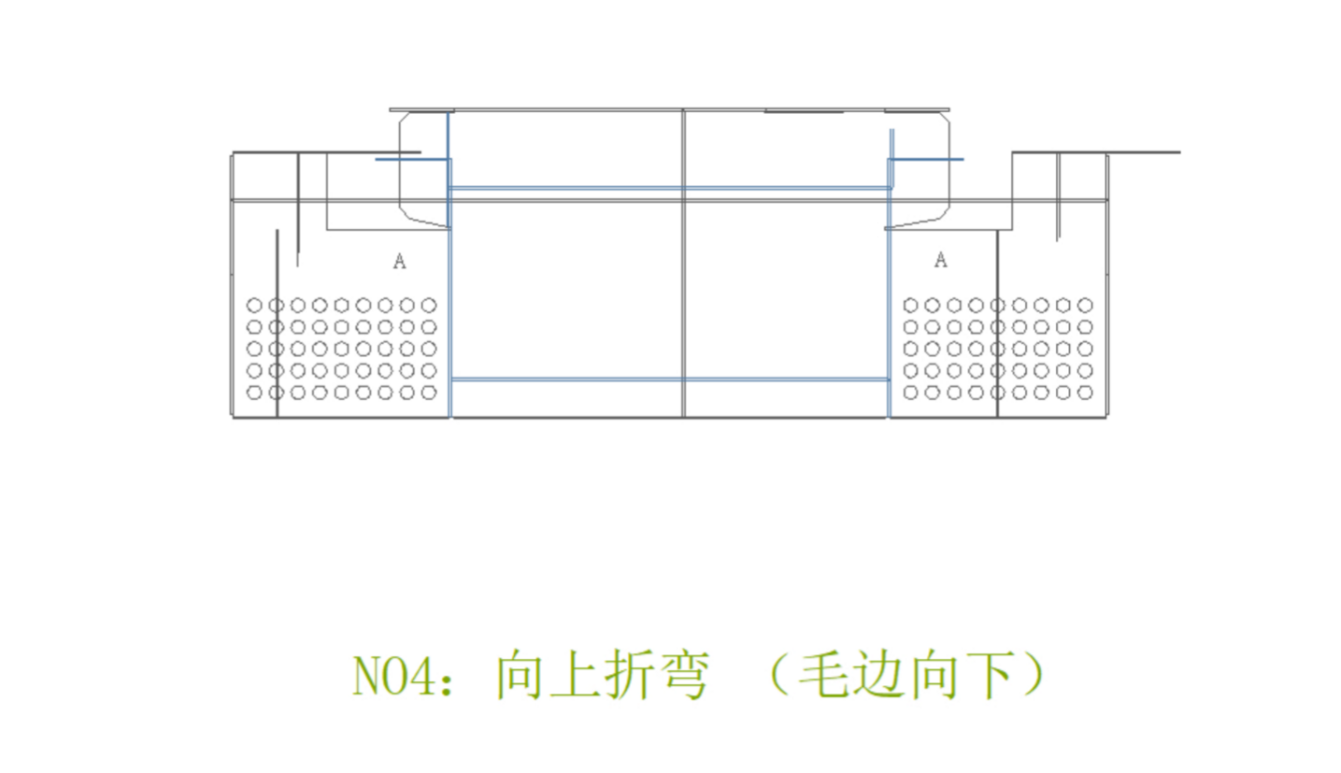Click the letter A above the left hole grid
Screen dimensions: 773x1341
tap(399, 262)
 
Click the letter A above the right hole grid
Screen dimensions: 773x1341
tap(940, 260)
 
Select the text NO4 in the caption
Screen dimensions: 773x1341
tap(392, 676)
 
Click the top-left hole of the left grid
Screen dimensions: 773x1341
tap(254, 305)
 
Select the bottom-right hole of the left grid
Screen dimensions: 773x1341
tap(429, 393)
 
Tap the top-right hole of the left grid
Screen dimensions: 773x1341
tap(429, 305)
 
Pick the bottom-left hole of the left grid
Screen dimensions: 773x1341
tap(254, 393)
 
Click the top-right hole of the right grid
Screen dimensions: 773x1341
tap(1085, 305)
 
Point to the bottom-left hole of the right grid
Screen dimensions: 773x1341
tap(910, 393)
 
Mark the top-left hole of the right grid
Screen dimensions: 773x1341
tap(910, 305)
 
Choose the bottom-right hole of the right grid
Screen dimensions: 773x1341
tap(1085, 393)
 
